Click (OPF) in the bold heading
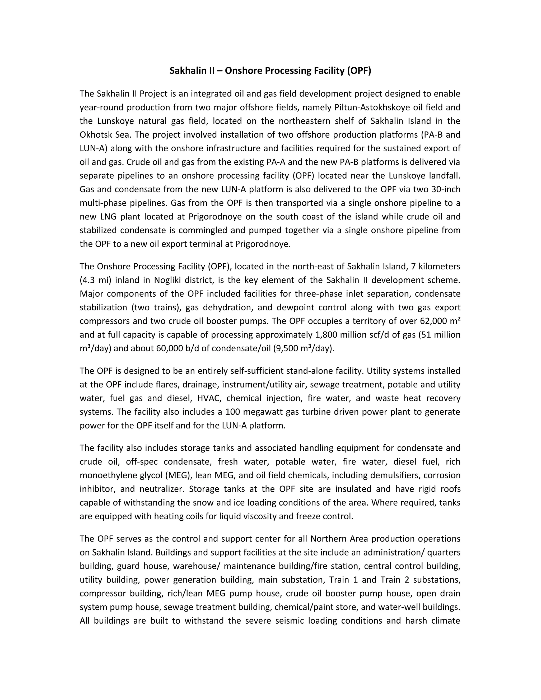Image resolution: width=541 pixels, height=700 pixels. pos(359,71)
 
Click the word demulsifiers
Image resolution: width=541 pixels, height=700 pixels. pos(394,475)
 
